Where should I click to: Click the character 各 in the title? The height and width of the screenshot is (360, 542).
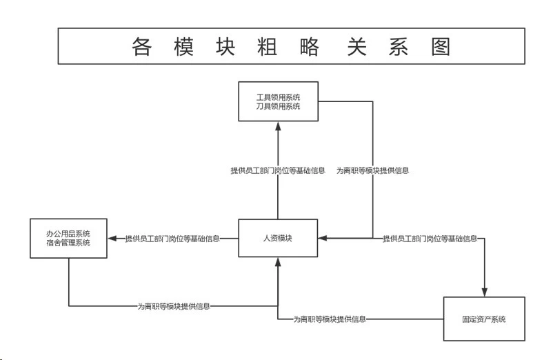tap(141, 47)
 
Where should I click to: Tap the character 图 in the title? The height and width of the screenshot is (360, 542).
tap(441, 47)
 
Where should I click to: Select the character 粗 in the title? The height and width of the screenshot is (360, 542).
tap(267, 47)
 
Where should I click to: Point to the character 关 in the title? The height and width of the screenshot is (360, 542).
tap(357, 47)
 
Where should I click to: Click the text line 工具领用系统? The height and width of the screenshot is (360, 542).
tap(279, 97)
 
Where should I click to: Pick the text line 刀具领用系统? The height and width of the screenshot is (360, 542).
tap(279, 106)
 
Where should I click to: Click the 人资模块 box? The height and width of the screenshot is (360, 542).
tap(278, 238)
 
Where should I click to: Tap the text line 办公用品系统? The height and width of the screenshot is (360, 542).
tap(68, 234)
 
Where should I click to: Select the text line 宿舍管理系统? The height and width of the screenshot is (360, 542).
tap(68, 243)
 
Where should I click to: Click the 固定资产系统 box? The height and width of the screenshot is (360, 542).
tap(484, 319)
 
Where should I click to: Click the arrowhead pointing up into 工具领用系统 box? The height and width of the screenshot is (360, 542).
tap(278, 126)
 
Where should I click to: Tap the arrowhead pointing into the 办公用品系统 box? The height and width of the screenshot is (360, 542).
tap(112, 238)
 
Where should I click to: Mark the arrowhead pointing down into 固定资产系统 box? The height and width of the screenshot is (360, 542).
tap(485, 292)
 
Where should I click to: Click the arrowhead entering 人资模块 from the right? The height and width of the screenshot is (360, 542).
tap(323, 238)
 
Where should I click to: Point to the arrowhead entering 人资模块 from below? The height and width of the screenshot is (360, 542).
tap(278, 262)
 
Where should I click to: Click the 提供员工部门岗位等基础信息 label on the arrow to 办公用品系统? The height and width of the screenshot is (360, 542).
tap(172, 239)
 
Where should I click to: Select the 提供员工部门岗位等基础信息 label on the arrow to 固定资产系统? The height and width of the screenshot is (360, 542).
tap(430, 239)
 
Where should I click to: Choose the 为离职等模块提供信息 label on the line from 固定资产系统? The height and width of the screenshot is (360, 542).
tap(330, 319)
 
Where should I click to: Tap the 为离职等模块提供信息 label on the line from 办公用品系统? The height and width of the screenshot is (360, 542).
tap(174, 306)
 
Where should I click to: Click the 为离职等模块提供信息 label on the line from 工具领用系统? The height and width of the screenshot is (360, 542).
tap(372, 170)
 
